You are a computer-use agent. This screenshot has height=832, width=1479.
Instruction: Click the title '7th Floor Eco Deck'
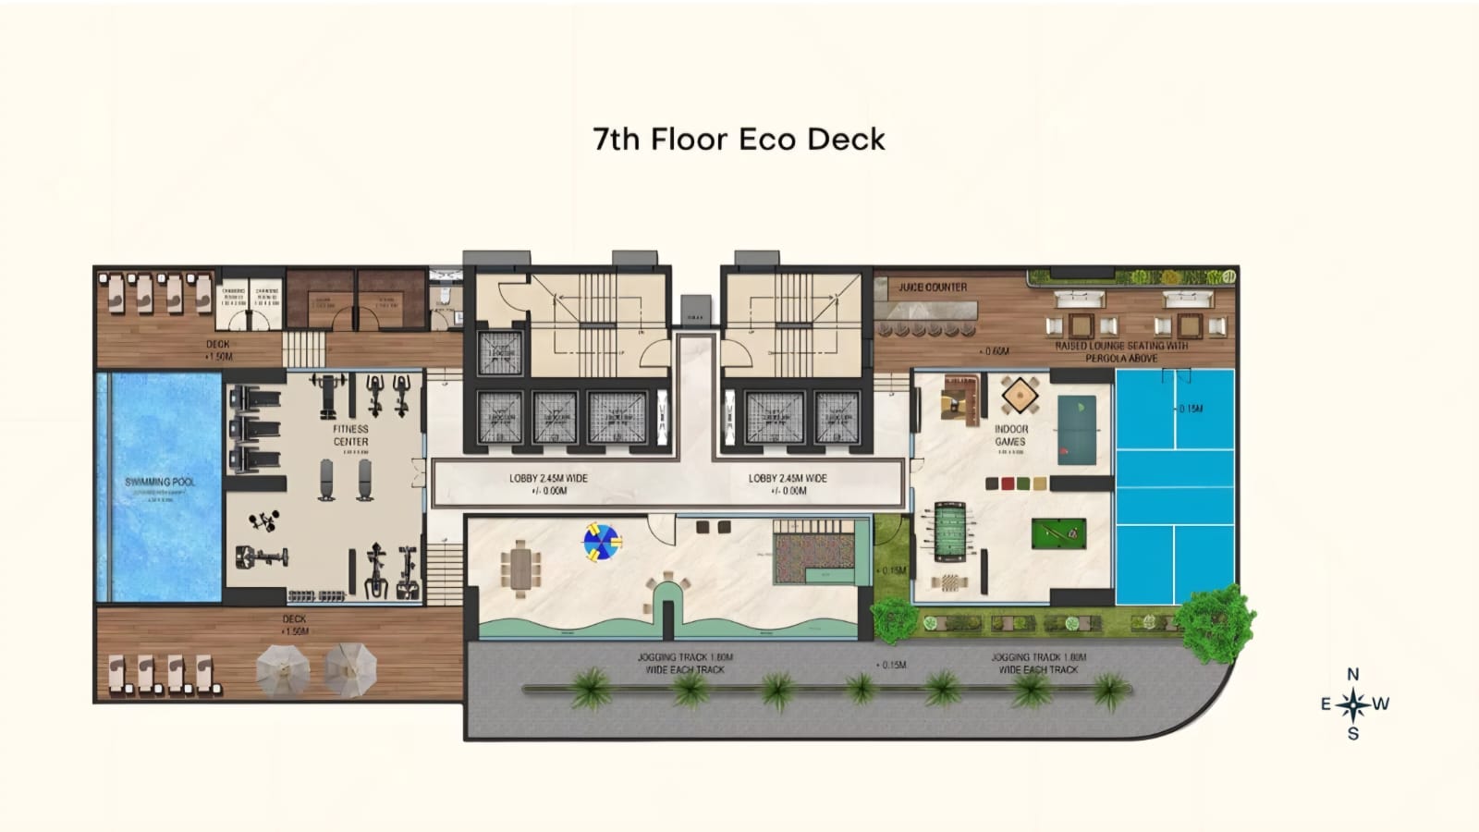[739, 139]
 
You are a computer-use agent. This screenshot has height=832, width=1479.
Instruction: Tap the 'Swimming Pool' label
[160, 482]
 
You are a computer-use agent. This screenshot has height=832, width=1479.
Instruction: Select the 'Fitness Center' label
[350, 435]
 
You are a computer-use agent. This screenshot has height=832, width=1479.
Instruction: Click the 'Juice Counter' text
[933, 288]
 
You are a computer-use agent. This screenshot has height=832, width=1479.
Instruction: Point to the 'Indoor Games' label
[1010, 435]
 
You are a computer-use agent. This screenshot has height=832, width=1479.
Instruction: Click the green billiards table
[1057, 532]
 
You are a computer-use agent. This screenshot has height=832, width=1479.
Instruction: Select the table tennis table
[1076, 425]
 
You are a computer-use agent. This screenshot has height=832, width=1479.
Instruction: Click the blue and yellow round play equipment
[601, 542]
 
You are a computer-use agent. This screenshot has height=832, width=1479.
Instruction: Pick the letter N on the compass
[1352, 675]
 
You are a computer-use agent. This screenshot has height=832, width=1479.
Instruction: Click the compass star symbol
[1352, 704]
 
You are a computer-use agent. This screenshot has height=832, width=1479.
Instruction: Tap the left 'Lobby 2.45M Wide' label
[548, 483]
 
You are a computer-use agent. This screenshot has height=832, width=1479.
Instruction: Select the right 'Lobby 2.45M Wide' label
[788, 483]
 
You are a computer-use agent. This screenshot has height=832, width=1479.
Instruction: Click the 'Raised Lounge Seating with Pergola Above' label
[1121, 351]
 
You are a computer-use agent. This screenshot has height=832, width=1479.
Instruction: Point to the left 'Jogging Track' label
[685, 663]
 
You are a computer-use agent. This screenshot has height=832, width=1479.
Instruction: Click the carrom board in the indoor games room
[1019, 396]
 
